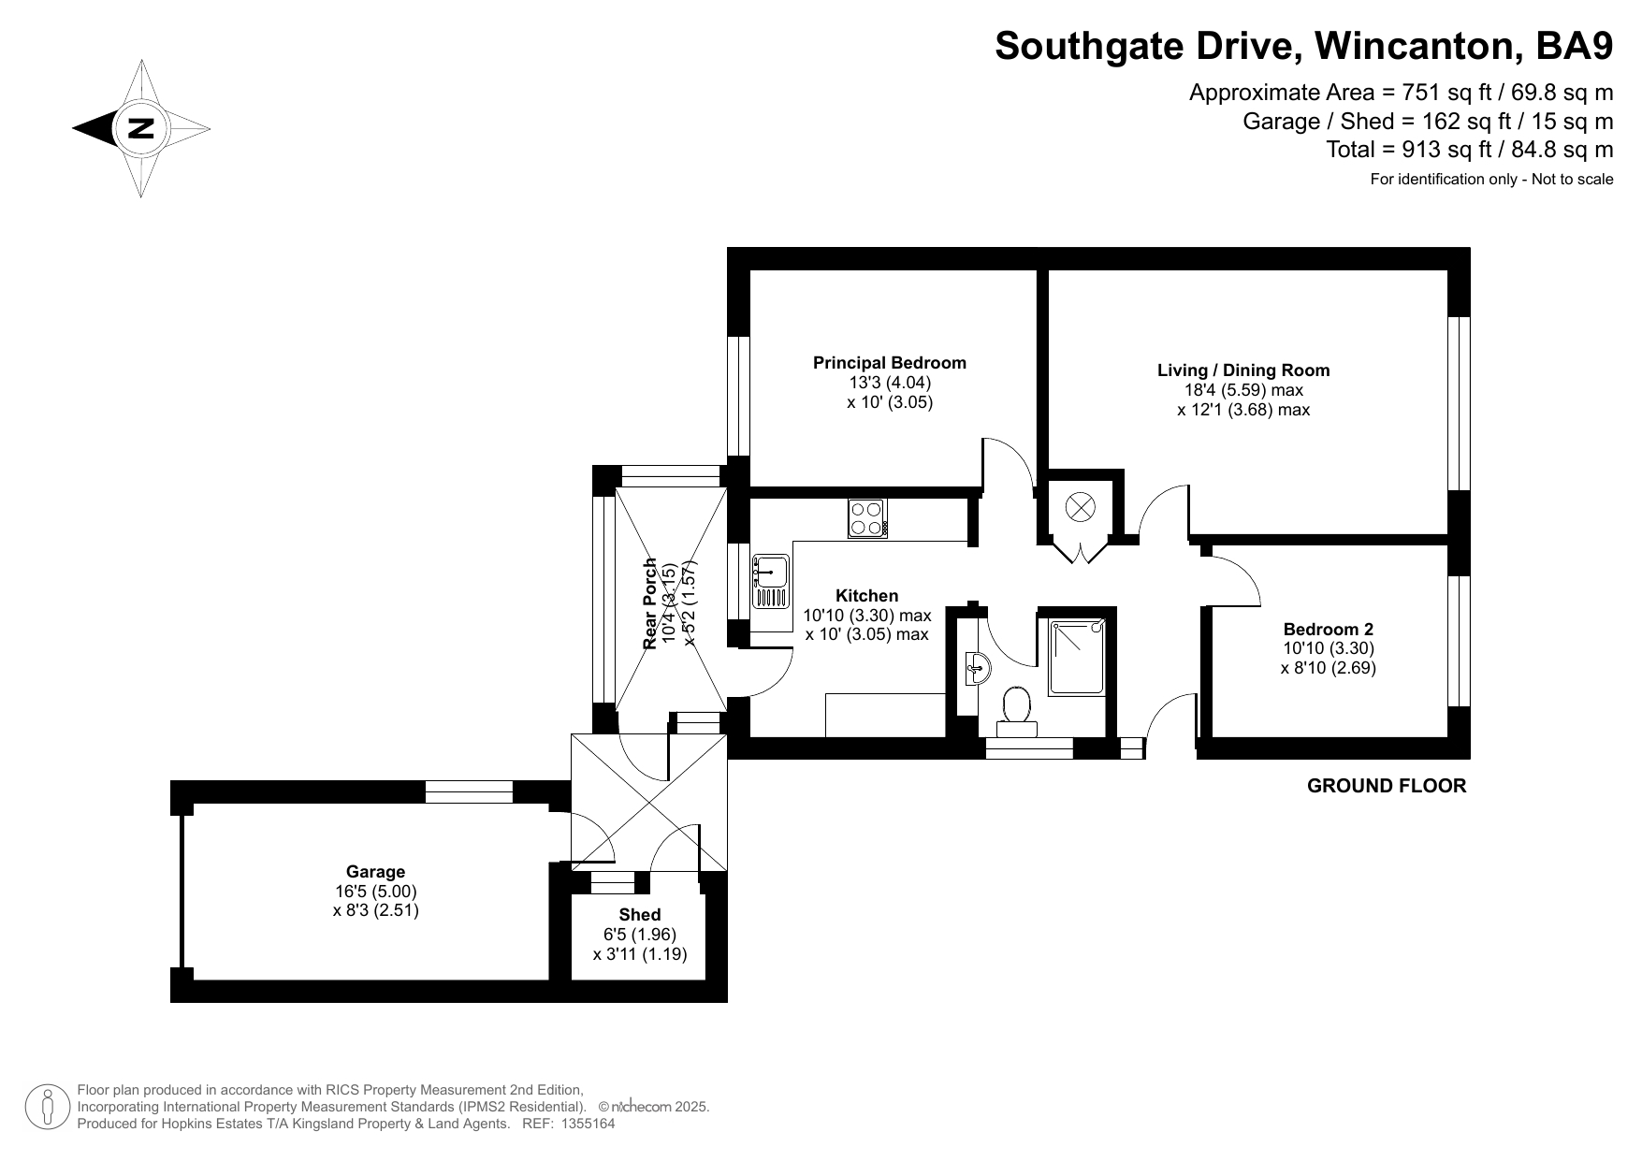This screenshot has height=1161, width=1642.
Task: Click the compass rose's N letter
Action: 140,128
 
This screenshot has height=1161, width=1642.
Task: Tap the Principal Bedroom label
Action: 890,363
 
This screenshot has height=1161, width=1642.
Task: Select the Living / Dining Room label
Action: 1243,370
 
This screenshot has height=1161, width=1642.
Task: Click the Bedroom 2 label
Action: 1329,630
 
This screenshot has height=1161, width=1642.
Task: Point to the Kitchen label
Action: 867,596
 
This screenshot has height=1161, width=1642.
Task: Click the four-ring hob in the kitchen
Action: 867,518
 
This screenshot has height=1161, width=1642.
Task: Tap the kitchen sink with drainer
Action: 771,581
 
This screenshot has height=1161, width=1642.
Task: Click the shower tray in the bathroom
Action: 1078,656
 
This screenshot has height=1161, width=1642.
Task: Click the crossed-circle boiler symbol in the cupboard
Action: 1081,508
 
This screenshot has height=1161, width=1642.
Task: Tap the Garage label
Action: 376,872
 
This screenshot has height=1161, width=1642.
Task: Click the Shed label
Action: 640,915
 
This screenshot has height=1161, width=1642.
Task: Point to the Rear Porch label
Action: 650,603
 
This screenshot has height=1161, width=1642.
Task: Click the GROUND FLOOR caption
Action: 1387,786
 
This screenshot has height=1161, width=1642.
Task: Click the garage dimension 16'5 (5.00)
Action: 376,892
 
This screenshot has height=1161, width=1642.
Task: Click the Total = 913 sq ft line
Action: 1470,149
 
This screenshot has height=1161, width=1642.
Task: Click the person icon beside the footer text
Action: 47,1108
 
